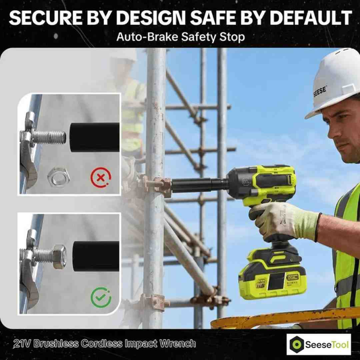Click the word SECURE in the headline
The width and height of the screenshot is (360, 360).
[x=46, y=18]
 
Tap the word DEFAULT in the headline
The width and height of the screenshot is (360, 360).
[x=311, y=18]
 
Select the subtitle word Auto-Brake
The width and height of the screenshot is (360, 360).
[x=147, y=36]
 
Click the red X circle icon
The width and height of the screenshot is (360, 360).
[x=101, y=178]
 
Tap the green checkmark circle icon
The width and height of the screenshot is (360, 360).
[x=101, y=297]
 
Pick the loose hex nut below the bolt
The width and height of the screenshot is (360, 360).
[x=58, y=177]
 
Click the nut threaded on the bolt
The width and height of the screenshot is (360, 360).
[x=59, y=257]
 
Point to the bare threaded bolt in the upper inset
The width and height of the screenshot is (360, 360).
[x=49, y=137]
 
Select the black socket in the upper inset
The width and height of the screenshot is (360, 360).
[x=95, y=137]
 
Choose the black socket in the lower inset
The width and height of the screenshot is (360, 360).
[x=96, y=256]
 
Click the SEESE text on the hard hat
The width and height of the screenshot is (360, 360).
[x=320, y=91]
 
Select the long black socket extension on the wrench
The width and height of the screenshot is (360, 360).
[x=200, y=185]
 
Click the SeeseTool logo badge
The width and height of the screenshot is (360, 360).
[x=319, y=344]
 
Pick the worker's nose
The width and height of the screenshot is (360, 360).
[x=332, y=130]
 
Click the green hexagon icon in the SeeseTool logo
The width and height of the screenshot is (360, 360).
[x=297, y=344]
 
